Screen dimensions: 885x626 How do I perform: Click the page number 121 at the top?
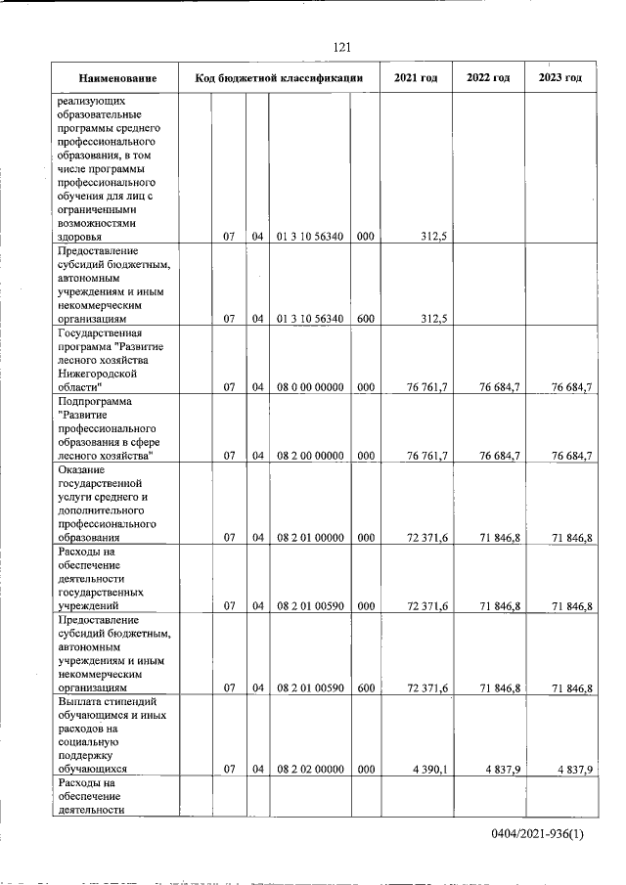[x=341, y=47]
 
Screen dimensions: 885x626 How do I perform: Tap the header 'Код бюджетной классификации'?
[x=280, y=78]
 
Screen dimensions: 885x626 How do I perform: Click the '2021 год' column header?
[x=416, y=78]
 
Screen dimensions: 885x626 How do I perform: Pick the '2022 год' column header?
[x=488, y=78]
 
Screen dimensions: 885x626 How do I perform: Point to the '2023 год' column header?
[x=560, y=78]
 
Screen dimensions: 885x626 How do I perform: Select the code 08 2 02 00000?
[x=309, y=770]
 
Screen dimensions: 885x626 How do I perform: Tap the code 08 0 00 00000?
[x=309, y=387]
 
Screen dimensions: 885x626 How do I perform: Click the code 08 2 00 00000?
[x=309, y=457]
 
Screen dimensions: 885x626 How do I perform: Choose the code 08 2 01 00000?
[x=309, y=538]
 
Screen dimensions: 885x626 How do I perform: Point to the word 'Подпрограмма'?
[x=96, y=401]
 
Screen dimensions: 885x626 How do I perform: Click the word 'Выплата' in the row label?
[x=81, y=701]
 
